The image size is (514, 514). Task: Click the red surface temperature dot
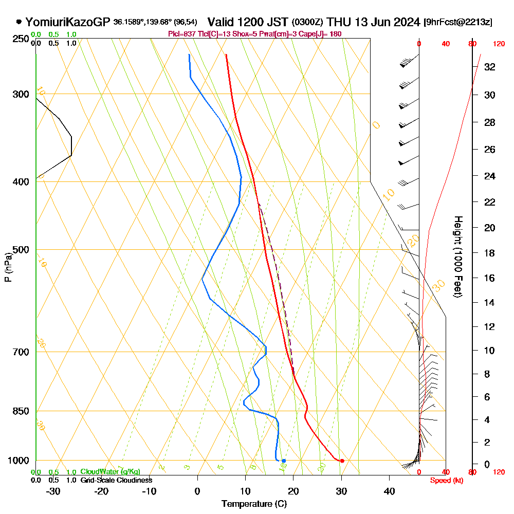coord(342,461)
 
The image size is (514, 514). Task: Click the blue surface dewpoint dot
coord(284,461)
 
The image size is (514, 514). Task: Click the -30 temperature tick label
coord(53,491)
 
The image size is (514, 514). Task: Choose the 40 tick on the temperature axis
coord(389,491)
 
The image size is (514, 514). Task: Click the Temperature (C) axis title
coord(254,504)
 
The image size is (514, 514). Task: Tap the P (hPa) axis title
coord(8,267)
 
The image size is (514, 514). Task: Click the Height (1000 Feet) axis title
coord(457,256)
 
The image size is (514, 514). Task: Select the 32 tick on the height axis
coord(489,67)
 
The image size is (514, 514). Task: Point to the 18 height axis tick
coord(489,253)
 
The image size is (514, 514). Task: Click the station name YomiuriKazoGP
coord(67,22)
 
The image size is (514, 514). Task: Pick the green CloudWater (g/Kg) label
coord(110,472)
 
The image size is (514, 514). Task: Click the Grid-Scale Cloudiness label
coord(116,480)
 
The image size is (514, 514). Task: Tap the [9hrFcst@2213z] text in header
coord(458,22)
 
